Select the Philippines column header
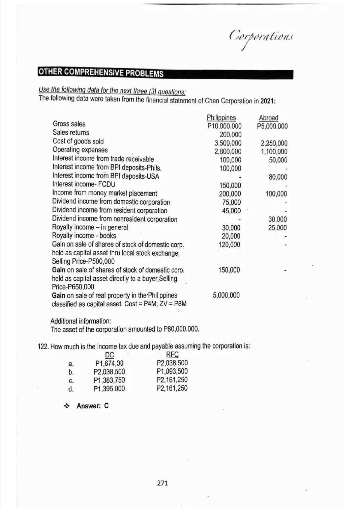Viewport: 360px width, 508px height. tap(221, 118)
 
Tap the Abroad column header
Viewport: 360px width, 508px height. tap(268, 118)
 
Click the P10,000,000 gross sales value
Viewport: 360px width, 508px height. tap(224, 126)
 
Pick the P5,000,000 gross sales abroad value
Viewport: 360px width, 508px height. tap(272, 126)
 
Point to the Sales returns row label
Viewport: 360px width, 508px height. tap(71, 132)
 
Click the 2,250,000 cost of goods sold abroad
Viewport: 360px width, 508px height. tap(274, 143)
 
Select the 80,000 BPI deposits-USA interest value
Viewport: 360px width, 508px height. tap(278, 177)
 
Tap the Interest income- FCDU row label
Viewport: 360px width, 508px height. tap(84, 184)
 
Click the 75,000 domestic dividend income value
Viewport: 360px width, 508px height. tap(231, 202)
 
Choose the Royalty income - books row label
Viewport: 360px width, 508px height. tap(84, 236)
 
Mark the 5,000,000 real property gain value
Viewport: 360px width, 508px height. tap(226, 295)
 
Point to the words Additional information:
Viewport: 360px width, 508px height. tap(81, 321)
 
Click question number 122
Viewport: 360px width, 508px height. tap(43, 347)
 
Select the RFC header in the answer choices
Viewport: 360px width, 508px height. tap(172, 355)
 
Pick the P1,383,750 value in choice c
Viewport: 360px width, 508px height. tap(109, 380)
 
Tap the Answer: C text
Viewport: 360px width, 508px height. tap(92, 406)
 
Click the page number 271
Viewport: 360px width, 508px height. tap(163, 483)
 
